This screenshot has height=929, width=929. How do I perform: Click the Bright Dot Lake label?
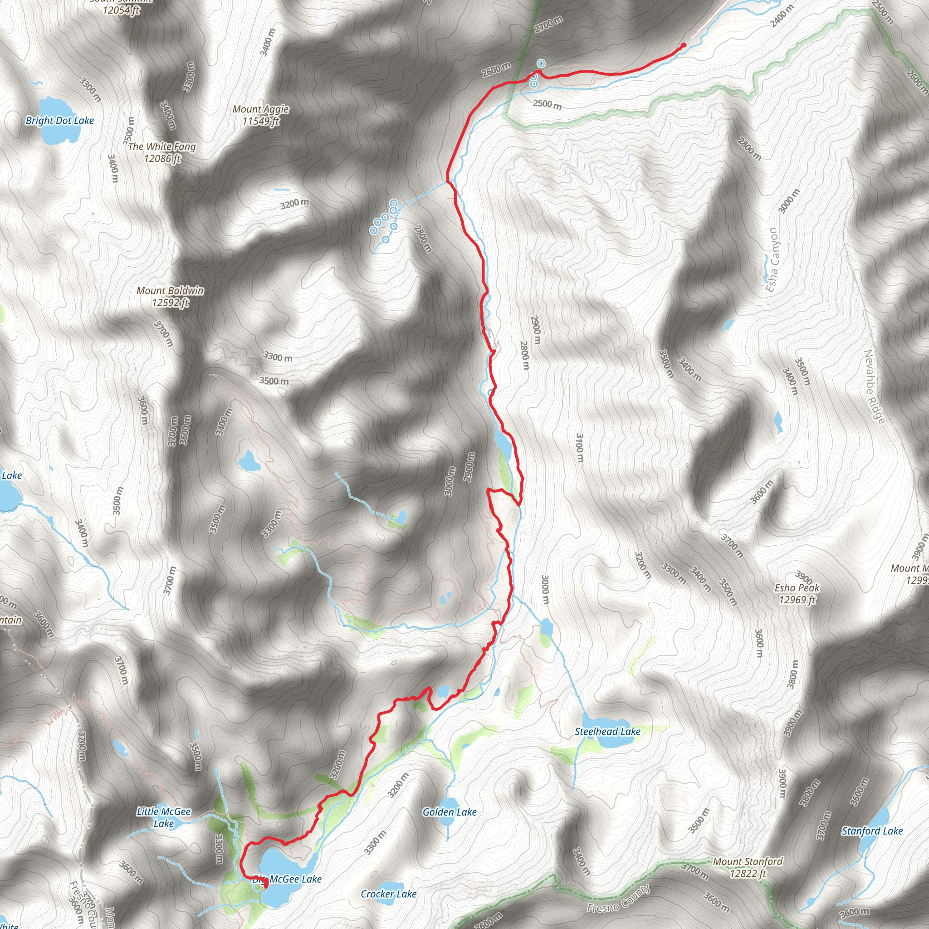click(x=59, y=121)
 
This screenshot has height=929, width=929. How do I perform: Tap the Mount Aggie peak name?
click(x=261, y=115)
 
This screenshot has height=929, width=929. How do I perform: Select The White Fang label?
click(x=162, y=152)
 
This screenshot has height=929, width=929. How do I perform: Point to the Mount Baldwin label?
click(x=170, y=296)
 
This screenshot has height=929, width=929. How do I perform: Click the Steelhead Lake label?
click(x=608, y=731)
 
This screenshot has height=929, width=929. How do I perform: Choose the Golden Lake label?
click(x=450, y=812)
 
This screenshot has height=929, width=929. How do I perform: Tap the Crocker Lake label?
click(x=389, y=894)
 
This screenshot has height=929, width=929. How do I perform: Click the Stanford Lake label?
click(x=872, y=831)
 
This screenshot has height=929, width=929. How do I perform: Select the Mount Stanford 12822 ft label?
click(x=748, y=867)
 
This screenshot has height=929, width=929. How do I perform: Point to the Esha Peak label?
click(x=797, y=593)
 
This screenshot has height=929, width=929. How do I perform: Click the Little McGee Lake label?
click(x=164, y=817)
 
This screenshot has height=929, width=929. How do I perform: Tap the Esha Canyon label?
click(x=772, y=260)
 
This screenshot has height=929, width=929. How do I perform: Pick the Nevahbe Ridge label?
click(x=875, y=387)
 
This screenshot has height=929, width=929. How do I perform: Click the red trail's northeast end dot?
click(x=684, y=45)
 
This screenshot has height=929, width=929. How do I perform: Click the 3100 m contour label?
click(x=580, y=448)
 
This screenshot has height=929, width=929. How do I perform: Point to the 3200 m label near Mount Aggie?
click(x=294, y=204)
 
